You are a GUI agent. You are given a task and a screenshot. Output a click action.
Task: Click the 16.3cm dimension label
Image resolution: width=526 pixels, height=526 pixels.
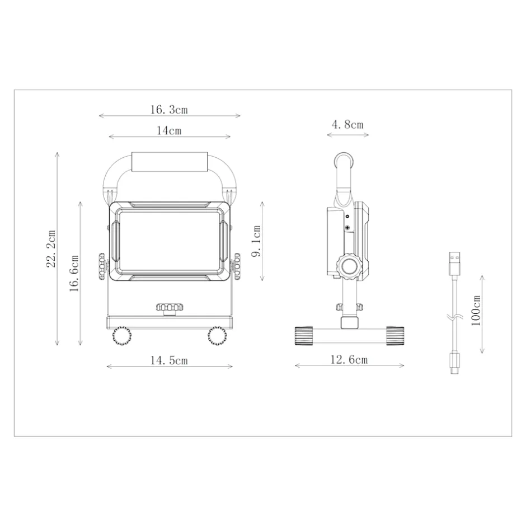(x=168, y=109)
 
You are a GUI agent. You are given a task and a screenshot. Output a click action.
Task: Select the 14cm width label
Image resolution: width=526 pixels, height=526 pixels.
(x=168, y=131)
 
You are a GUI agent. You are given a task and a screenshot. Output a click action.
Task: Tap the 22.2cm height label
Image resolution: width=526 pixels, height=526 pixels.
(x=51, y=248)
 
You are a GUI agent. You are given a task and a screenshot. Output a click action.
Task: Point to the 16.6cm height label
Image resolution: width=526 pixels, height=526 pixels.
(x=74, y=273)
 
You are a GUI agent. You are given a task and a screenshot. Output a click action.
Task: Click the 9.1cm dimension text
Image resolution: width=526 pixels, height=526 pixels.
(x=256, y=241)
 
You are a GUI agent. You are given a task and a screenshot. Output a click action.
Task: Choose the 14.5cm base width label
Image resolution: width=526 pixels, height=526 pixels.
(x=168, y=360)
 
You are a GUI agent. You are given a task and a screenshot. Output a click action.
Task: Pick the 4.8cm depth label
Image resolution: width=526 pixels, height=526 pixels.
(x=347, y=124)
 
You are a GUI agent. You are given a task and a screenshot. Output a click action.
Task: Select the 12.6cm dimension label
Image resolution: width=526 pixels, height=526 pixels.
(x=349, y=360)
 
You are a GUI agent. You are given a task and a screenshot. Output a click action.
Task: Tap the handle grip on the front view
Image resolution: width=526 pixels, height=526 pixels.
(x=170, y=162)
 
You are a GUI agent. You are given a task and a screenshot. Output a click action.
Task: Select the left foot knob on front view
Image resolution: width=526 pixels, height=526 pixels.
(x=121, y=336)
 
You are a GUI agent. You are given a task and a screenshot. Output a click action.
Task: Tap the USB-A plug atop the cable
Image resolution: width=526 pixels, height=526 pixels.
(x=455, y=263)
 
